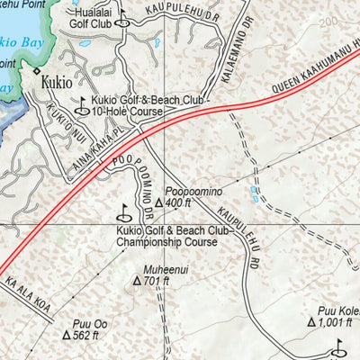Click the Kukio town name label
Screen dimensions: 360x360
coord(60,84)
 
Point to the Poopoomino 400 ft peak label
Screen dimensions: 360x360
coord(191,196)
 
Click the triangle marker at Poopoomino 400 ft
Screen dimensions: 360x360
coord(158,204)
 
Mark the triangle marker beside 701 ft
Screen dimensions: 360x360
coord(137,282)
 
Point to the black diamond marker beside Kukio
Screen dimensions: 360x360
coord(37,69)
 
